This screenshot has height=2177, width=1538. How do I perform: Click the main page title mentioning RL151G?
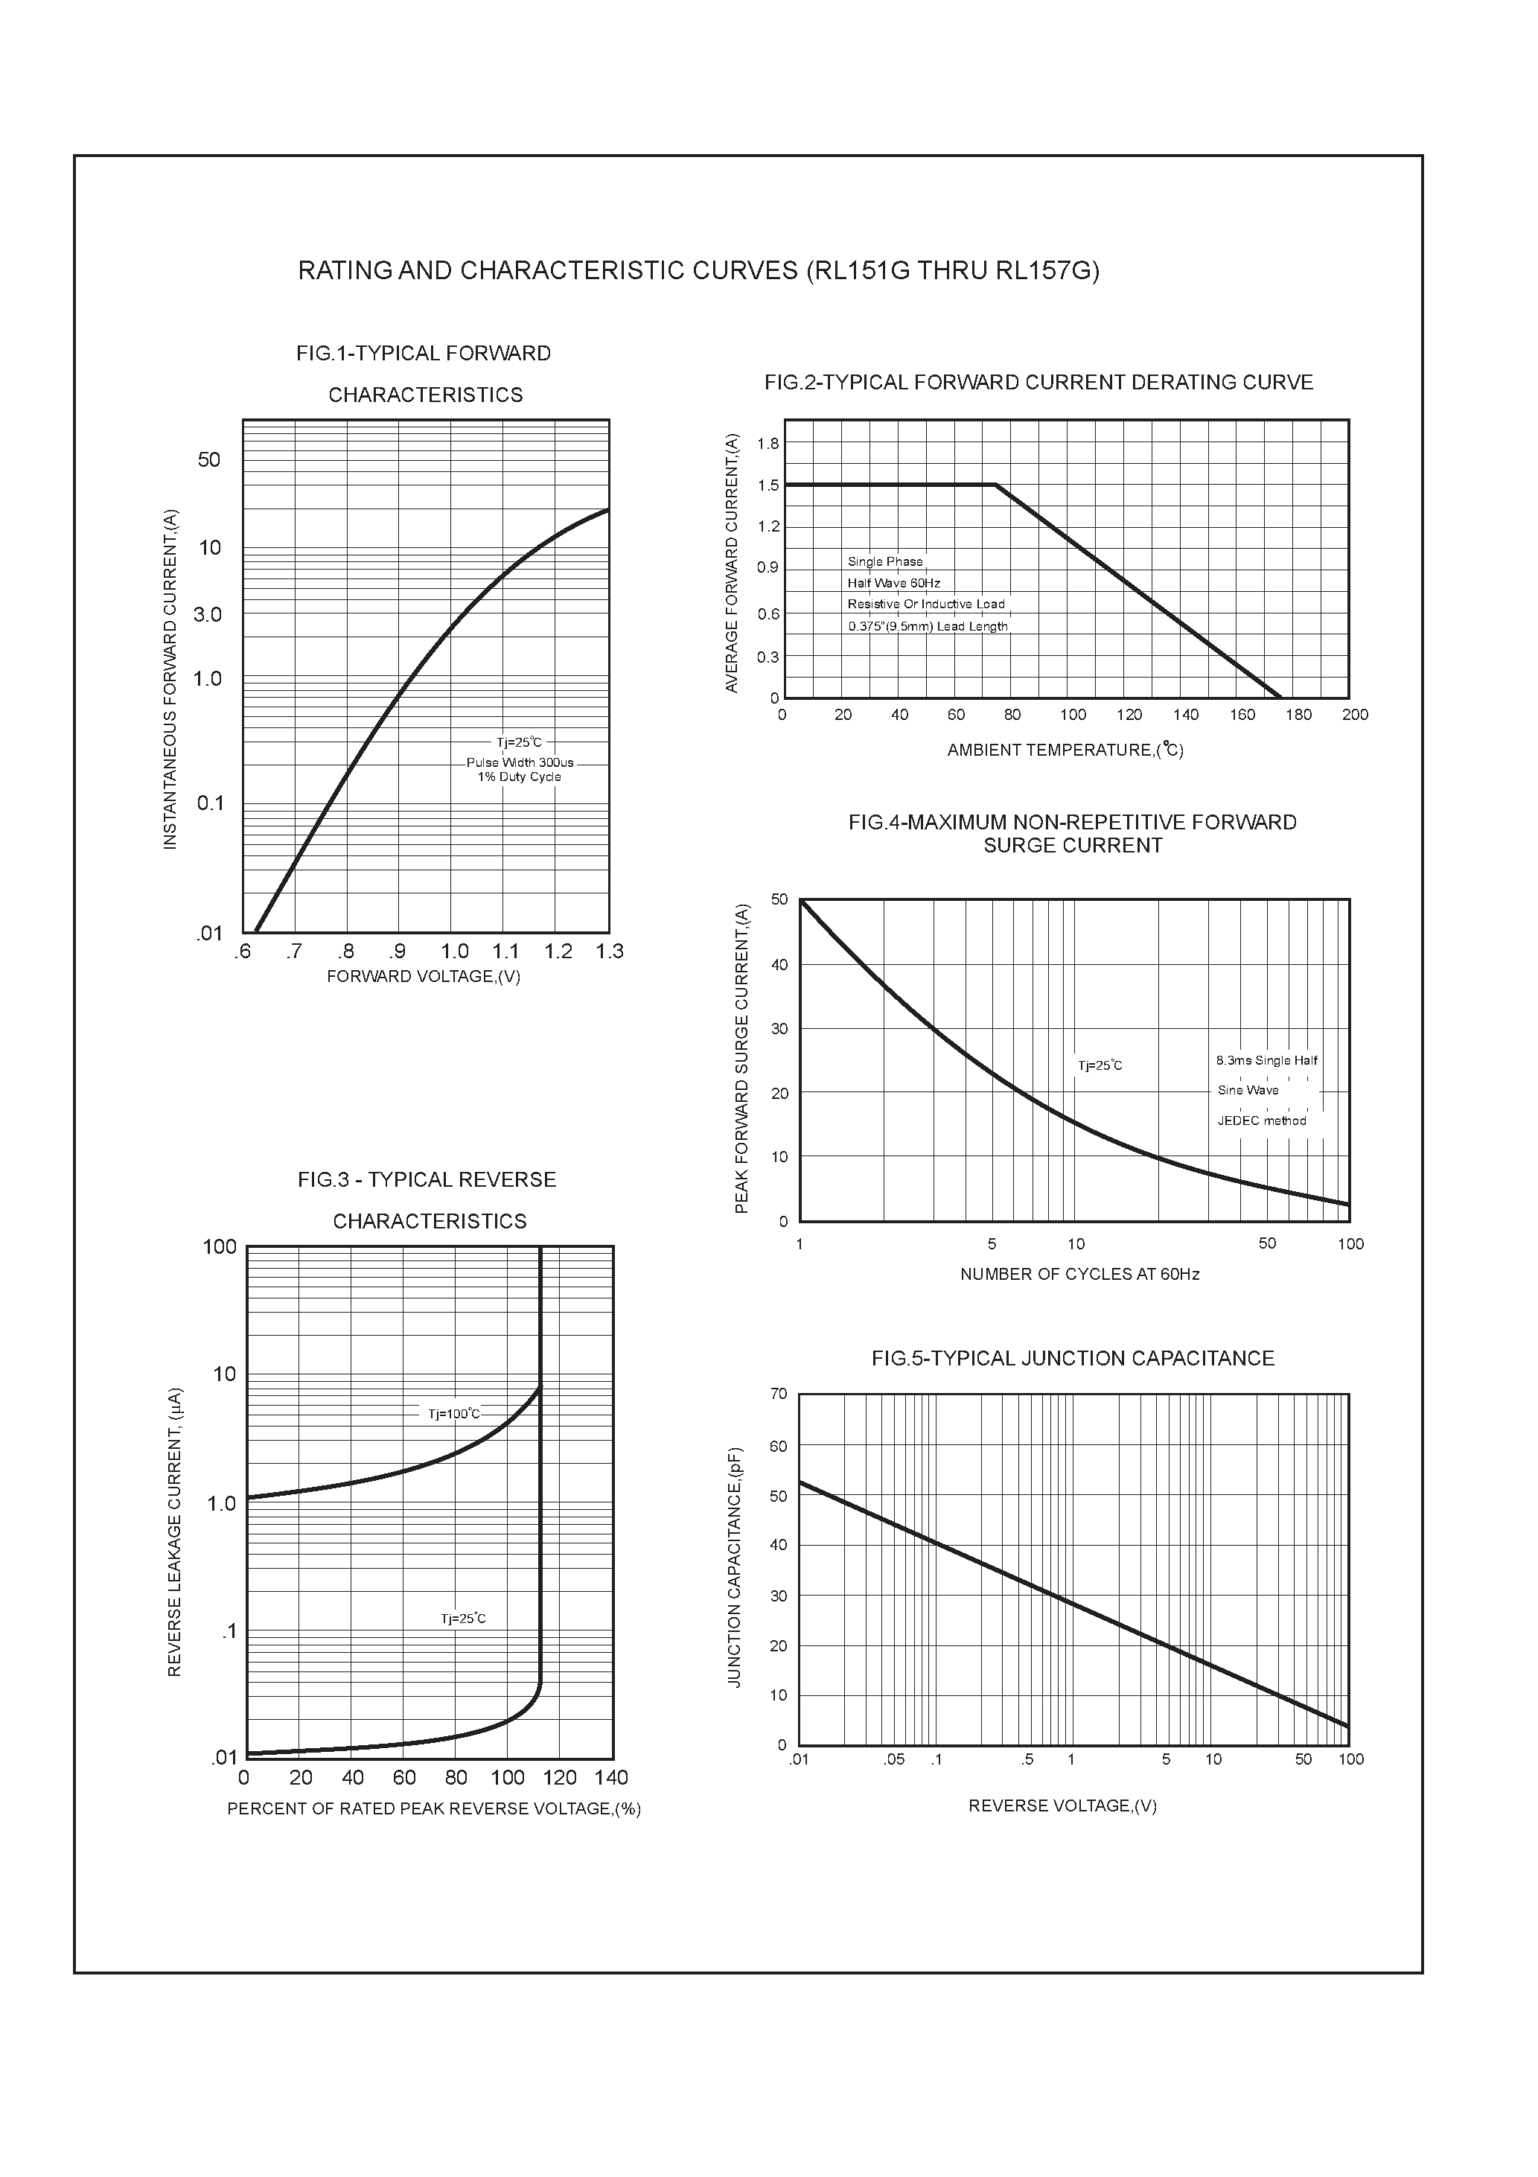[x=699, y=271]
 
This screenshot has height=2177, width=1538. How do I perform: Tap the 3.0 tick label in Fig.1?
[x=207, y=614]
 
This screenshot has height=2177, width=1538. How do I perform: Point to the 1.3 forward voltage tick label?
[x=610, y=951]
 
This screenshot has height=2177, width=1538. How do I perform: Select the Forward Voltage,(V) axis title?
[x=424, y=977]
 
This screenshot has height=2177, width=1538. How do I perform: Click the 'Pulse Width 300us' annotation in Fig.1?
[x=520, y=762]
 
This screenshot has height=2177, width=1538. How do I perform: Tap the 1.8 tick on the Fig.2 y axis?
[x=768, y=444]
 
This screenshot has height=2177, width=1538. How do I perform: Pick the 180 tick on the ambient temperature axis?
[x=1298, y=715]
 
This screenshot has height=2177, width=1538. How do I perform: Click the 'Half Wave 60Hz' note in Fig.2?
[x=894, y=583]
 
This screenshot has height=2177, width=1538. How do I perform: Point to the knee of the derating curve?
[x=995, y=485]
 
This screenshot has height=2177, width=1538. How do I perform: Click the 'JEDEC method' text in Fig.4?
[x=1262, y=1121]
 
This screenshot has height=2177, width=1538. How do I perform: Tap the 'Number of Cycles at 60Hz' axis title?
[x=1080, y=1275]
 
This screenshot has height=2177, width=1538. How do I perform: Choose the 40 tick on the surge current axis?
[x=779, y=964]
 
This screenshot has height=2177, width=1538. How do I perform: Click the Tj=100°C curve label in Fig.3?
[x=454, y=1414]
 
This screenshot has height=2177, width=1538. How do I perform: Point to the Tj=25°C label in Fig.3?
[x=463, y=1619]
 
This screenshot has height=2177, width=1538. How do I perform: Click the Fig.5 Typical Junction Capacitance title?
[x=1073, y=1359]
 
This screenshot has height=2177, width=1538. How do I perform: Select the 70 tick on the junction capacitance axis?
[x=779, y=1394]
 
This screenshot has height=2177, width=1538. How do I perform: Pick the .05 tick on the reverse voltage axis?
[x=893, y=1760]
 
